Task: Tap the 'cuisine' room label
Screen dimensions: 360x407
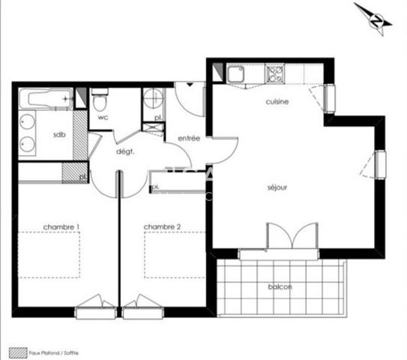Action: (277, 102)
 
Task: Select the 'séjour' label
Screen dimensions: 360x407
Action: (277, 187)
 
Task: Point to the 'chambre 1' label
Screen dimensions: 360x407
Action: (61, 226)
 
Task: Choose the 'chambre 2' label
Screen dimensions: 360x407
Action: (163, 226)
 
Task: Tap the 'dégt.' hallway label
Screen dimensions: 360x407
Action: (124, 151)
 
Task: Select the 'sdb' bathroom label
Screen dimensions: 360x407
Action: (58, 135)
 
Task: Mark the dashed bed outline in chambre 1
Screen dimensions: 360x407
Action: (49, 255)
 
